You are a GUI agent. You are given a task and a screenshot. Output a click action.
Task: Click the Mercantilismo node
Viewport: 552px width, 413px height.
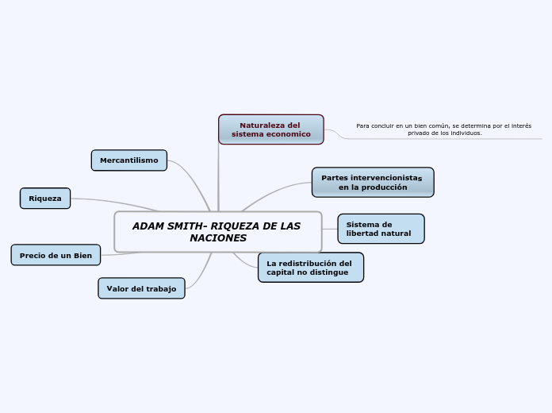click(x=128, y=160)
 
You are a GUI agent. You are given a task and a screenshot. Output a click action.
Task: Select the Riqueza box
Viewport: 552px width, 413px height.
click(x=45, y=199)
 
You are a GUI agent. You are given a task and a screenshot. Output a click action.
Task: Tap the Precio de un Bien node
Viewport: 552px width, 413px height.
click(x=56, y=255)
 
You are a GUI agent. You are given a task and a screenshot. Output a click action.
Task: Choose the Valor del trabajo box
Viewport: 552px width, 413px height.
click(x=141, y=288)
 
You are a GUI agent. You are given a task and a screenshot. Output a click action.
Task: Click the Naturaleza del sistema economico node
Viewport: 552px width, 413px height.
click(x=270, y=129)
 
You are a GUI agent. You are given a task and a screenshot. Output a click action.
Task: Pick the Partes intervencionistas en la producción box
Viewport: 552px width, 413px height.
click(x=372, y=183)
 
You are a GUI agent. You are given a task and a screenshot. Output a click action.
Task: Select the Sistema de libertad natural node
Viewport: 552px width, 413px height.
click(x=381, y=229)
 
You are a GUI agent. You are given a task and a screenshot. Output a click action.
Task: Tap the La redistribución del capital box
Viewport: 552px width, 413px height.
click(x=310, y=268)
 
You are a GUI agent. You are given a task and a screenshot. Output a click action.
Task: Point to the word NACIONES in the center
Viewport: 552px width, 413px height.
click(x=218, y=238)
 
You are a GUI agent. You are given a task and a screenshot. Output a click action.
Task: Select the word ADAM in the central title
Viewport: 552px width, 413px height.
click(x=146, y=226)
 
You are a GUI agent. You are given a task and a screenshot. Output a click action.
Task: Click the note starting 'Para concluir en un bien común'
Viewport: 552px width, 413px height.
click(x=443, y=129)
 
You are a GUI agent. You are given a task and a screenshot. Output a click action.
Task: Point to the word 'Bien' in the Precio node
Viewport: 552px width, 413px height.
click(x=82, y=256)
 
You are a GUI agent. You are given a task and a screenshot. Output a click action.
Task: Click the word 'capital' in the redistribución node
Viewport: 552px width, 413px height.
click(x=281, y=272)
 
